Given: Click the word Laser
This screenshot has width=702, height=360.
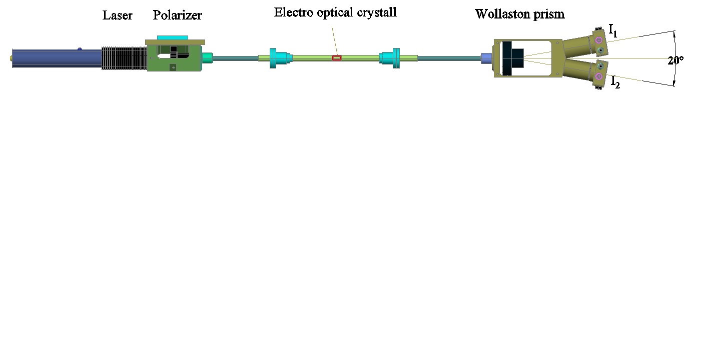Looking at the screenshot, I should (x=118, y=15).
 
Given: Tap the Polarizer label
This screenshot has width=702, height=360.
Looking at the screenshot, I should (x=177, y=15).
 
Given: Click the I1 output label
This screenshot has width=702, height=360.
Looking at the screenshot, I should (x=612, y=32).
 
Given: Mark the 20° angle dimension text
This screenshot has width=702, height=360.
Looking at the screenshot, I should (x=675, y=60).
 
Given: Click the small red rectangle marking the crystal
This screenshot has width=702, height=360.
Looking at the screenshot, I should (x=337, y=58).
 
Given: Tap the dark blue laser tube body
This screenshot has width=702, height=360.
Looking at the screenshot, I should (x=55, y=58).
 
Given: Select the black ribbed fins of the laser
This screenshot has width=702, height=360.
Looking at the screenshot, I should (x=124, y=58).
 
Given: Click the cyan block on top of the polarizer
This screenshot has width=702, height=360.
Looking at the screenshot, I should (x=173, y=37).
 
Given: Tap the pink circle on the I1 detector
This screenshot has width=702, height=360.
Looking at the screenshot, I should (x=598, y=40).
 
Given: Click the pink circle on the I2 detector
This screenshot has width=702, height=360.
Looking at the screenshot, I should (x=598, y=76).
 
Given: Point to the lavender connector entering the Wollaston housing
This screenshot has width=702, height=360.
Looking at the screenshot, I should (x=485, y=58).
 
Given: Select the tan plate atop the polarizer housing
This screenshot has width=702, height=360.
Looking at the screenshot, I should (x=175, y=42).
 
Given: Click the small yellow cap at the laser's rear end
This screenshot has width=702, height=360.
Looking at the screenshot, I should (x=11, y=57).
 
